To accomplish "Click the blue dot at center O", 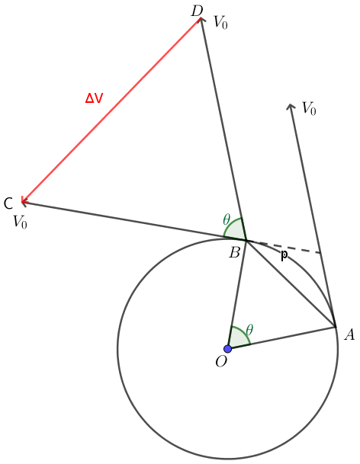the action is pos(227,349).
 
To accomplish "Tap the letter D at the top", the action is pos(197,11).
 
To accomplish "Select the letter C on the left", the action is pos(8,203).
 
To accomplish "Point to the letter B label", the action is pos(234,253).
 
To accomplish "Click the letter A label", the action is pos(349,334).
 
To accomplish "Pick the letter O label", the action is pos(221,361).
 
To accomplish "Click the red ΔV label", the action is pos(94,98).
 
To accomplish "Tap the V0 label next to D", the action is pos(220,22).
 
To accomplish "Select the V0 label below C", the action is pos(20,222).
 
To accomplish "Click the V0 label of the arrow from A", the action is pos(309,108).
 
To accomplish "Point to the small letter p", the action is pos(284,255).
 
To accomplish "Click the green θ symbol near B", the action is pos(227,219).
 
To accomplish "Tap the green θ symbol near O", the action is pos(249,329).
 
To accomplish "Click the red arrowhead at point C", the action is pos(24,201).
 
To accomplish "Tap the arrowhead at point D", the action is pos(201,20).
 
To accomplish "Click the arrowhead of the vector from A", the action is pos(291,106).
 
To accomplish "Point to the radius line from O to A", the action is pos(281,338).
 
